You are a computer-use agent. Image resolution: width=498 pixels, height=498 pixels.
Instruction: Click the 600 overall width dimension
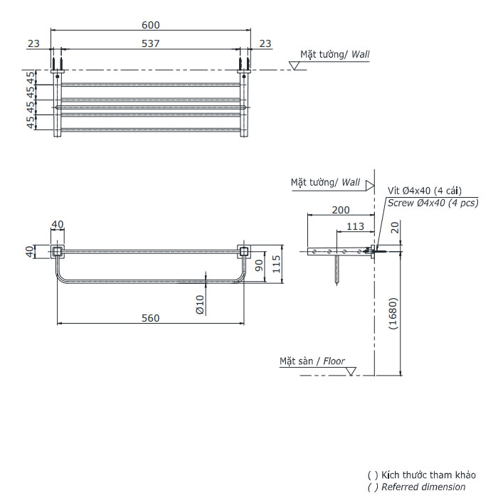click(x=150, y=25)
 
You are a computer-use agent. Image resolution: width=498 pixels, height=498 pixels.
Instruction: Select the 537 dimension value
click(x=150, y=43)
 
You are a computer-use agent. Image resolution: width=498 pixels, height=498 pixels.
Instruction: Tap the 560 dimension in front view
click(x=150, y=318)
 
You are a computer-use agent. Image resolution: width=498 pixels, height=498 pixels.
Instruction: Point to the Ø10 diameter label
click(x=201, y=304)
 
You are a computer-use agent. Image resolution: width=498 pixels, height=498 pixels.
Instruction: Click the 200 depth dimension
click(x=340, y=210)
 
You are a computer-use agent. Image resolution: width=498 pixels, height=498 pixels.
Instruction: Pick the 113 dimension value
click(x=355, y=226)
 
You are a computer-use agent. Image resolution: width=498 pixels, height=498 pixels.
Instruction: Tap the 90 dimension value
click(x=260, y=266)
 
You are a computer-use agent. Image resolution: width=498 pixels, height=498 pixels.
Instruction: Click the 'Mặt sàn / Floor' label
click(x=312, y=361)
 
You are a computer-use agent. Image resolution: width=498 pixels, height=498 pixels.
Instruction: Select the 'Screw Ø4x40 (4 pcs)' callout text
click(x=433, y=203)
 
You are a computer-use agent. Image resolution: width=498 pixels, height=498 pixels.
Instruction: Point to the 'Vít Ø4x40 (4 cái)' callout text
click(x=425, y=190)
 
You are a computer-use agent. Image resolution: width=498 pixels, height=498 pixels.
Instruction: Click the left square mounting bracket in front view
click(x=57, y=251)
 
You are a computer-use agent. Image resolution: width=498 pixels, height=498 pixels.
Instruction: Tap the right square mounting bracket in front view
click(x=243, y=251)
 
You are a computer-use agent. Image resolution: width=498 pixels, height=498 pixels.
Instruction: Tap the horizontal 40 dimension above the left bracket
click(x=57, y=224)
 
